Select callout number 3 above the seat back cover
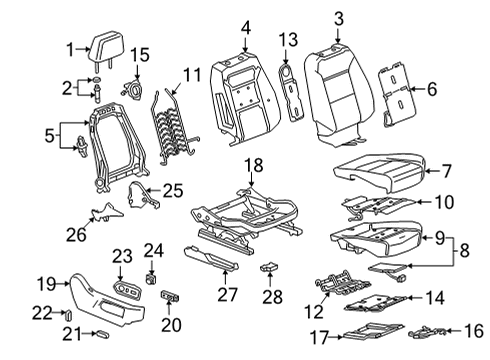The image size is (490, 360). point(338,17)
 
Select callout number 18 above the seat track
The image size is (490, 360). point(254,164)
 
